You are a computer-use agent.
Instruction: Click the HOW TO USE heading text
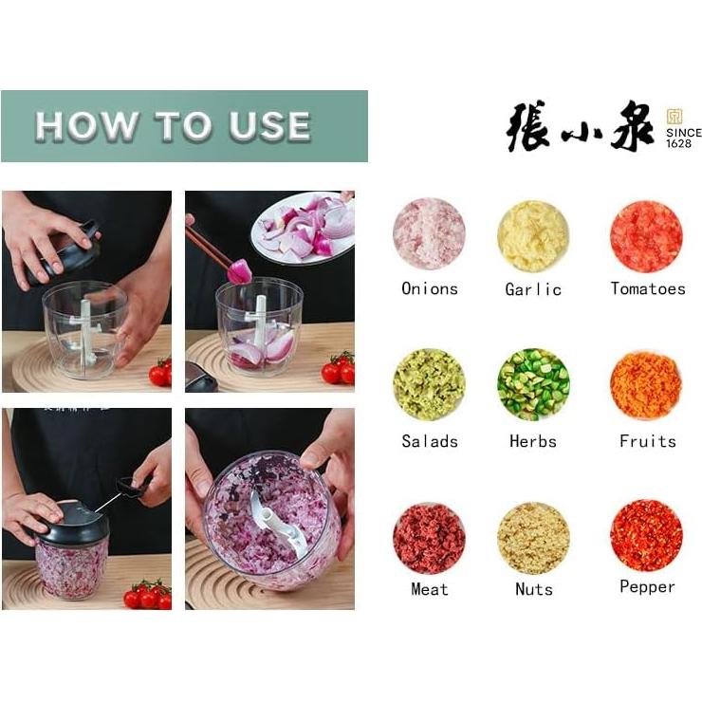(173, 126)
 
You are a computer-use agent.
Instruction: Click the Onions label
(429, 289)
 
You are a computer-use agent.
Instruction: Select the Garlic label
(533, 289)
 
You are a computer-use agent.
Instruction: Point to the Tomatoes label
(647, 289)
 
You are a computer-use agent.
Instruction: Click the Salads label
(429, 441)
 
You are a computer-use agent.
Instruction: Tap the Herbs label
(533, 441)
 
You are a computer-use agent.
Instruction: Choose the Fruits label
(647, 441)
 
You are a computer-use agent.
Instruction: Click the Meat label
(429, 589)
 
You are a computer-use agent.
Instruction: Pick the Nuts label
(533, 589)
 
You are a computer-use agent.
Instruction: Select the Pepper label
(647, 587)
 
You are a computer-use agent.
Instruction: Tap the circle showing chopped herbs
(533, 384)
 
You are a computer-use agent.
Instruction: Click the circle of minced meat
(429, 538)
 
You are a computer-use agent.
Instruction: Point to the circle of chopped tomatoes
(646, 235)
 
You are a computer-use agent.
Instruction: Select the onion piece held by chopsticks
(239, 271)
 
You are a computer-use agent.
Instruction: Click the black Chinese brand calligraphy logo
(580, 126)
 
